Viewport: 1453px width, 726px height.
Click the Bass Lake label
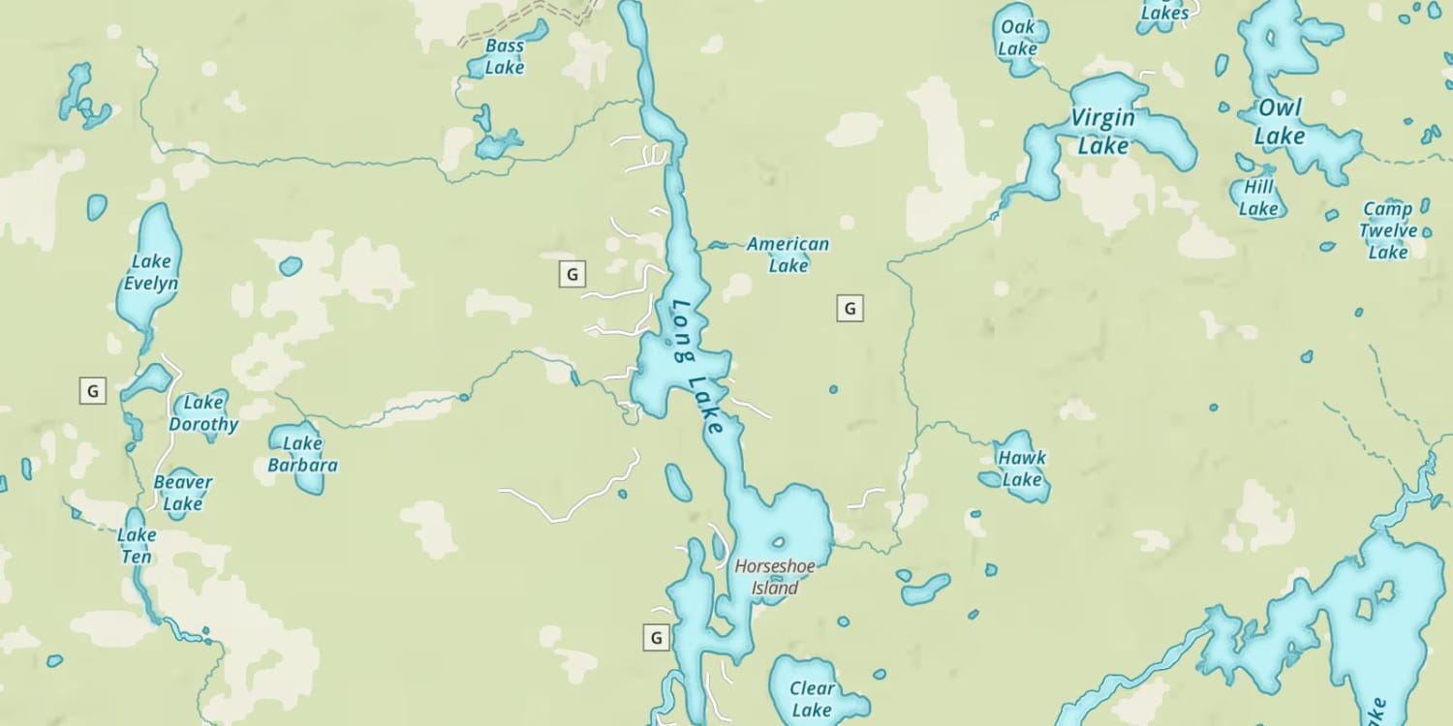pyautogui.click(x=504, y=57)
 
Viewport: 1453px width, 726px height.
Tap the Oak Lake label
pyautogui.click(x=1018, y=38)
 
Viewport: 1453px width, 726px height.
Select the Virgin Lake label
pyautogui.click(x=1103, y=132)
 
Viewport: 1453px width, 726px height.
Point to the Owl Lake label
pyautogui.click(x=1280, y=122)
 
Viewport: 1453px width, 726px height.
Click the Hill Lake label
pyautogui.click(x=1259, y=197)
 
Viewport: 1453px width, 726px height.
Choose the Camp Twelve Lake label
pyautogui.click(x=1387, y=230)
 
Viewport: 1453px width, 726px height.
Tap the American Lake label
pyautogui.click(x=788, y=255)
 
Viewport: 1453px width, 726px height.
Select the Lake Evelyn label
pyautogui.click(x=150, y=272)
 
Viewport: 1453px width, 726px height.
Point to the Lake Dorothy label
pyautogui.click(x=203, y=413)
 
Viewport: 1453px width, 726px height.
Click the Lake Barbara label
pyautogui.click(x=302, y=454)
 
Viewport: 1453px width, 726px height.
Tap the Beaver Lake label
pyautogui.click(x=182, y=493)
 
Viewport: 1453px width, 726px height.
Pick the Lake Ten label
pyautogui.click(x=136, y=546)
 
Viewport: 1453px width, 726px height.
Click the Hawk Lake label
pyautogui.click(x=1022, y=469)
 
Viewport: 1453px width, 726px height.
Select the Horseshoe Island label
pyautogui.click(x=767, y=577)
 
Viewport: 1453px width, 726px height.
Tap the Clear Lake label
pyautogui.click(x=812, y=699)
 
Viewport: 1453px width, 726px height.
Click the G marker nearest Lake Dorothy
pyautogui.click(x=92, y=391)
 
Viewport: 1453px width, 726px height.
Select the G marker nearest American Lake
pyautogui.click(x=850, y=309)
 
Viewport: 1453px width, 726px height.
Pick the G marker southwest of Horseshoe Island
pyautogui.click(x=657, y=638)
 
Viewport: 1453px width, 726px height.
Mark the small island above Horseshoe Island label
pyautogui.click(x=777, y=542)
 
